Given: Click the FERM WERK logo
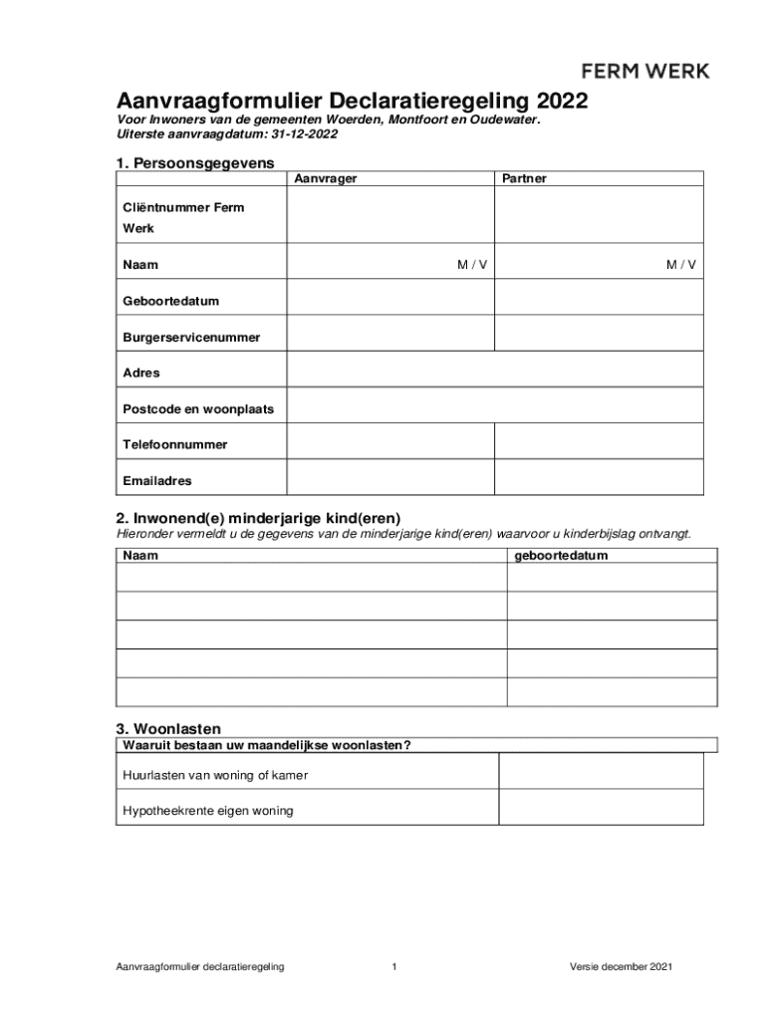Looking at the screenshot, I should click(645, 71).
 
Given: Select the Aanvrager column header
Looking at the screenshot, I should click(326, 178).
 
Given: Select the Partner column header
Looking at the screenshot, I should click(524, 178).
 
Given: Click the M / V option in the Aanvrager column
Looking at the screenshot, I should click(472, 265).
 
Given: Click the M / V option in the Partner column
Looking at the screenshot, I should click(681, 265).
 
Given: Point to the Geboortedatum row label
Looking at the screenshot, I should click(170, 301).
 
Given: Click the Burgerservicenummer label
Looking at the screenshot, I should click(191, 337).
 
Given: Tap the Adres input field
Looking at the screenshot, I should click(495, 373).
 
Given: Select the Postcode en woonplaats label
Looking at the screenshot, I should click(198, 408).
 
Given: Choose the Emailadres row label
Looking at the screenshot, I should click(157, 480).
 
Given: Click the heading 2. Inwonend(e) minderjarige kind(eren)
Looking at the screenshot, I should click(259, 518).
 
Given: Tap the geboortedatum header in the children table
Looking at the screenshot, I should click(561, 556).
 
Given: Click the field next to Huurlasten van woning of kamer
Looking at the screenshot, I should click(600, 775).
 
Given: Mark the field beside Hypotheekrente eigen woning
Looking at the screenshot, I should click(600, 811).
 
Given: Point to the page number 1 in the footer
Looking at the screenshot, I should click(394, 967).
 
